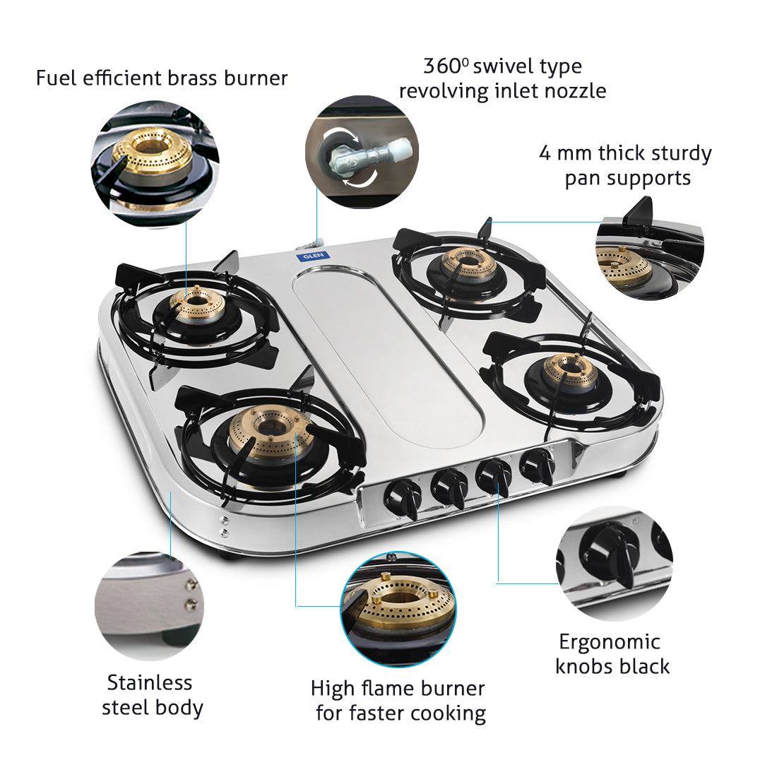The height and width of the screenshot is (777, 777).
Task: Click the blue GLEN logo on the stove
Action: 309,254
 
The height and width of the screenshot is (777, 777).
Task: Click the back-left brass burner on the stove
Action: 198,304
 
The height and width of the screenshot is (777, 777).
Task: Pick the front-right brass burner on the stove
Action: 571,372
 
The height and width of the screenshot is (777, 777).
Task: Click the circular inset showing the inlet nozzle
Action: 362,153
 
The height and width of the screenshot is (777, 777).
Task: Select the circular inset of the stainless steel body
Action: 149,606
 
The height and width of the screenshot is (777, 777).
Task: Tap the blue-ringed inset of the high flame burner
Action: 398,609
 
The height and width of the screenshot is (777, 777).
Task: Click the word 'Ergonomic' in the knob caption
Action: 609,642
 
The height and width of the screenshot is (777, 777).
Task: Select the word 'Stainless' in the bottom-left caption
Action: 150,683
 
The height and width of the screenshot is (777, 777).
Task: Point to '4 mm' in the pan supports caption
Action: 565,153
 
